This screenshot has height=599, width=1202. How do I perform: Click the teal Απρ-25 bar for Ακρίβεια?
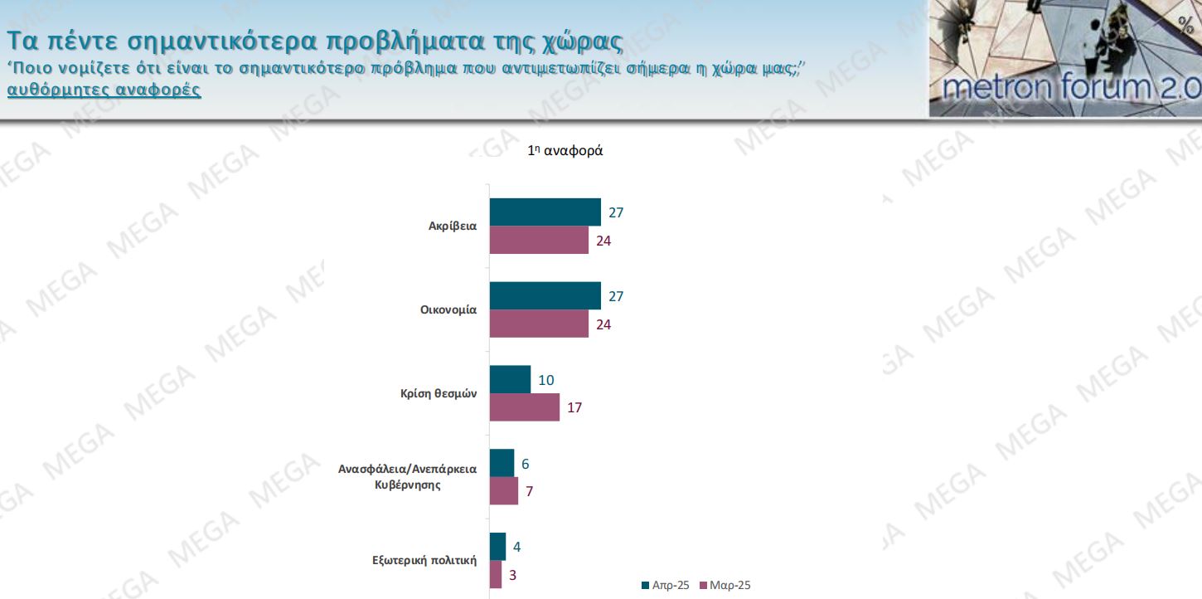pos(545,212)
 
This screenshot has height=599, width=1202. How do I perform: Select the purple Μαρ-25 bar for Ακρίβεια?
pos(539,241)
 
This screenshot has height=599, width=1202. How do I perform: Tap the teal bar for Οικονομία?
pos(545,296)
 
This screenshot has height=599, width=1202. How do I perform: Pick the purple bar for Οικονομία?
pos(539,324)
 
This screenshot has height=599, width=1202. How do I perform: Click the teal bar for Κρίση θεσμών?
pos(510,380)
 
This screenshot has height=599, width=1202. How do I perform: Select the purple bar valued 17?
pos(524,407)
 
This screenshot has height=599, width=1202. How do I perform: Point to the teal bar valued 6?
pos(502,463)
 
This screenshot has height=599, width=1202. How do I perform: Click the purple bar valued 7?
pos(503,491)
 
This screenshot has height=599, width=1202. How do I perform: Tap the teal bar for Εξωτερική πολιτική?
pos(497,547)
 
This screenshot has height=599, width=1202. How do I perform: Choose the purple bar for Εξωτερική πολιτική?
pos(495,575)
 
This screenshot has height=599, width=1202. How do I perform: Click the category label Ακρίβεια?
pos(452,226)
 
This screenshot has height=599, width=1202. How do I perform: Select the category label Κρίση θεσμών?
pos(439,394)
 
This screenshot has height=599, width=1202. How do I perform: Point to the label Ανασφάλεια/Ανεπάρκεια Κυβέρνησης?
pos(407,476)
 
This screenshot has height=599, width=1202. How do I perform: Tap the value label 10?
pos(545,380)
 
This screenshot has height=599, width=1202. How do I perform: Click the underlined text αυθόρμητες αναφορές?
pos(104,90)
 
